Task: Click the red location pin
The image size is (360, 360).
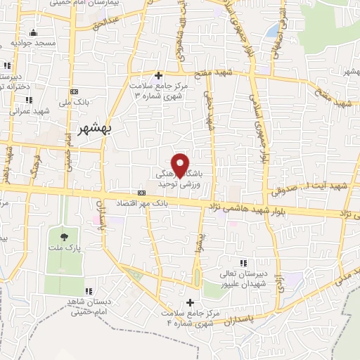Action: tap(181, 164)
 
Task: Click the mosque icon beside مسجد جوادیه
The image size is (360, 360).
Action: tap(33, 32)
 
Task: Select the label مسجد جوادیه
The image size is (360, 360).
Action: tap(33, 44)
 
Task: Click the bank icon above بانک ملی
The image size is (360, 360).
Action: tap(76, 91)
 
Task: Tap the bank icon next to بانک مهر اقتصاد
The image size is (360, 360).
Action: tap(142, 192)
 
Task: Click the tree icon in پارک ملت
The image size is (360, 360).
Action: tap(65, 236)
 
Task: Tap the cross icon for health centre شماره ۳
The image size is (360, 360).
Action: tap(158, 75)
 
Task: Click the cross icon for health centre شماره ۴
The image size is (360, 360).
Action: tap(190, 302)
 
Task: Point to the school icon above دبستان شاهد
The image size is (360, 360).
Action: tap(89, 291)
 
